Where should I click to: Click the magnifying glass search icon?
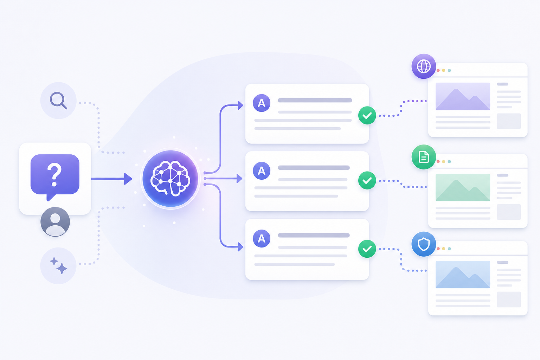click(x=58, y=100)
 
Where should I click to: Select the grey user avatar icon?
click(x=55, y=222)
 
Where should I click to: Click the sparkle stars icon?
click(x=59, y=266)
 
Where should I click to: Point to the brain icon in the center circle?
click(x=170, y=179)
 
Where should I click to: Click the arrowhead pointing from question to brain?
click(x=128, y=179)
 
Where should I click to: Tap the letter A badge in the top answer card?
click(x=262, y=103)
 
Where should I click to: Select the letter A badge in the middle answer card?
click(x=262, y=171)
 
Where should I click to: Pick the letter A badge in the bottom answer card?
click(x=262, y=238)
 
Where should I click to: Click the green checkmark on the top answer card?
click(x=367, y=116)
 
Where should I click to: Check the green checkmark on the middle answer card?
click(x=367, y=180)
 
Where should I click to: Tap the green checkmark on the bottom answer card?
click(x=367, y=249)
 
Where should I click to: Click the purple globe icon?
click(x=424, y=66)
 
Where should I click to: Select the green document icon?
click(x=424, y=157)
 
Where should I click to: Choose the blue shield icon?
click(x=424, y=244)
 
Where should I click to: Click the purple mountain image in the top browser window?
click(x=463, y=96)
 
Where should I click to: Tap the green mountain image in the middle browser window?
click(x=463, y=187)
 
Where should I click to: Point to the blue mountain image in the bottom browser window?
click(x=463, y=275)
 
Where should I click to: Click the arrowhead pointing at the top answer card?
click(x=240, y=105)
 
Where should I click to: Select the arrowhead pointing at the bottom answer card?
click(x=240, y=247)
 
